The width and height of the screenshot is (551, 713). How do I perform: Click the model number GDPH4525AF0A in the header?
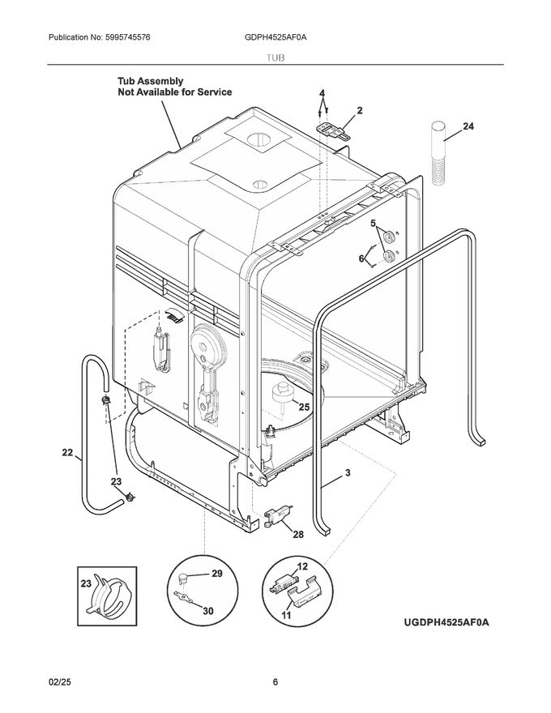click(x=275, y=38)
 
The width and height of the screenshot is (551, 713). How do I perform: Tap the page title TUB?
click(x=275, y=59)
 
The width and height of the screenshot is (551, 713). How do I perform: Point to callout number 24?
click(x=468, y=126)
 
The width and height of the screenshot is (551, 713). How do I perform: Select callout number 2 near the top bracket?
click(x=359, y=109)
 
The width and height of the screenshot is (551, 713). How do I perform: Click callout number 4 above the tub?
click(x=322, y=93)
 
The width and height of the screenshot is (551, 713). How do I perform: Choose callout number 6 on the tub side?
click(x=361, y=258)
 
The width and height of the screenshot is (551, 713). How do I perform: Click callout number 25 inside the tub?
click(x=305, y=407)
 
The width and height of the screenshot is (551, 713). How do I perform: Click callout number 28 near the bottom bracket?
click(x=298, y=535)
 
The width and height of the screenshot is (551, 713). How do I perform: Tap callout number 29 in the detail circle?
click(x=216, y=574)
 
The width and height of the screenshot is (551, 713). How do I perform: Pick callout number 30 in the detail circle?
click(x=208, y=612)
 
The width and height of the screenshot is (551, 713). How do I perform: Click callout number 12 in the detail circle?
click(x=303, y=566)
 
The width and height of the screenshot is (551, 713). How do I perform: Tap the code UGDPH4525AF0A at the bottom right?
click(x=447, y=621)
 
